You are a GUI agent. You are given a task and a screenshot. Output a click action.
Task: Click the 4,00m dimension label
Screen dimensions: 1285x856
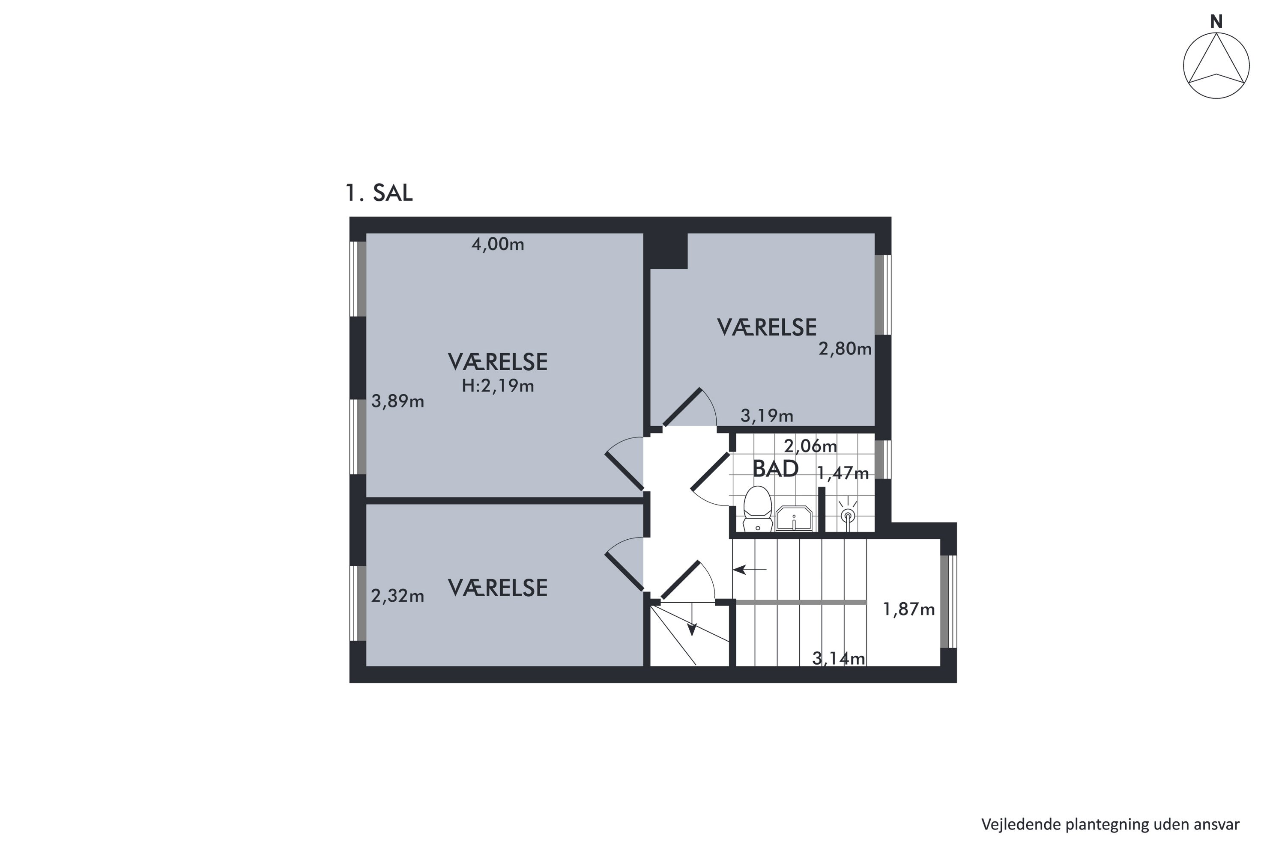coord(498,244)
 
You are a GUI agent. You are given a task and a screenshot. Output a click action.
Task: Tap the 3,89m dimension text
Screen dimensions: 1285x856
coord(398,401)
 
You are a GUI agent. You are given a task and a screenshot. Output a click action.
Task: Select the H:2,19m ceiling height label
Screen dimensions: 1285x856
coord(498,386)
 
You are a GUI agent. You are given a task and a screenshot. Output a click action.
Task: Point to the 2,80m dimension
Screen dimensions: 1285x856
coord(845,348)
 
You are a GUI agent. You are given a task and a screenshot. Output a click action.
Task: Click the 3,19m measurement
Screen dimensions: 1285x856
coord(767,416)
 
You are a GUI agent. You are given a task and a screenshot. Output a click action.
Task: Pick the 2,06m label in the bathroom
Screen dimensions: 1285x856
coord(810,446)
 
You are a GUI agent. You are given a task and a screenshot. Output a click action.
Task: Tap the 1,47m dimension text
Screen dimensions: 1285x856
coord(843,473)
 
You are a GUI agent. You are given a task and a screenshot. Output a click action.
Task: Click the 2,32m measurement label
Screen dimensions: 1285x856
coord(398,596)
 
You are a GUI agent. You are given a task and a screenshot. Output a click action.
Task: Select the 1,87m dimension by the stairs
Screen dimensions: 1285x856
coord(909,609)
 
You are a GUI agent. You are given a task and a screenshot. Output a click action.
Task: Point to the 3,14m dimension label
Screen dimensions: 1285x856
coord(839,658)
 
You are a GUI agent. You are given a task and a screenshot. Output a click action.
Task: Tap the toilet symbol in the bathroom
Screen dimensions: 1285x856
coord(757,509)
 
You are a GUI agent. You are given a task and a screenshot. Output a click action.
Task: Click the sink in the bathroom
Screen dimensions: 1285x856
coord(794,518)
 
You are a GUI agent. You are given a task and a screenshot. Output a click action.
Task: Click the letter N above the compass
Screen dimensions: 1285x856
coord(1216,21)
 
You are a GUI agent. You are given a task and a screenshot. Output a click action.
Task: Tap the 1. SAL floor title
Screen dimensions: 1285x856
coord(379,193)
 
